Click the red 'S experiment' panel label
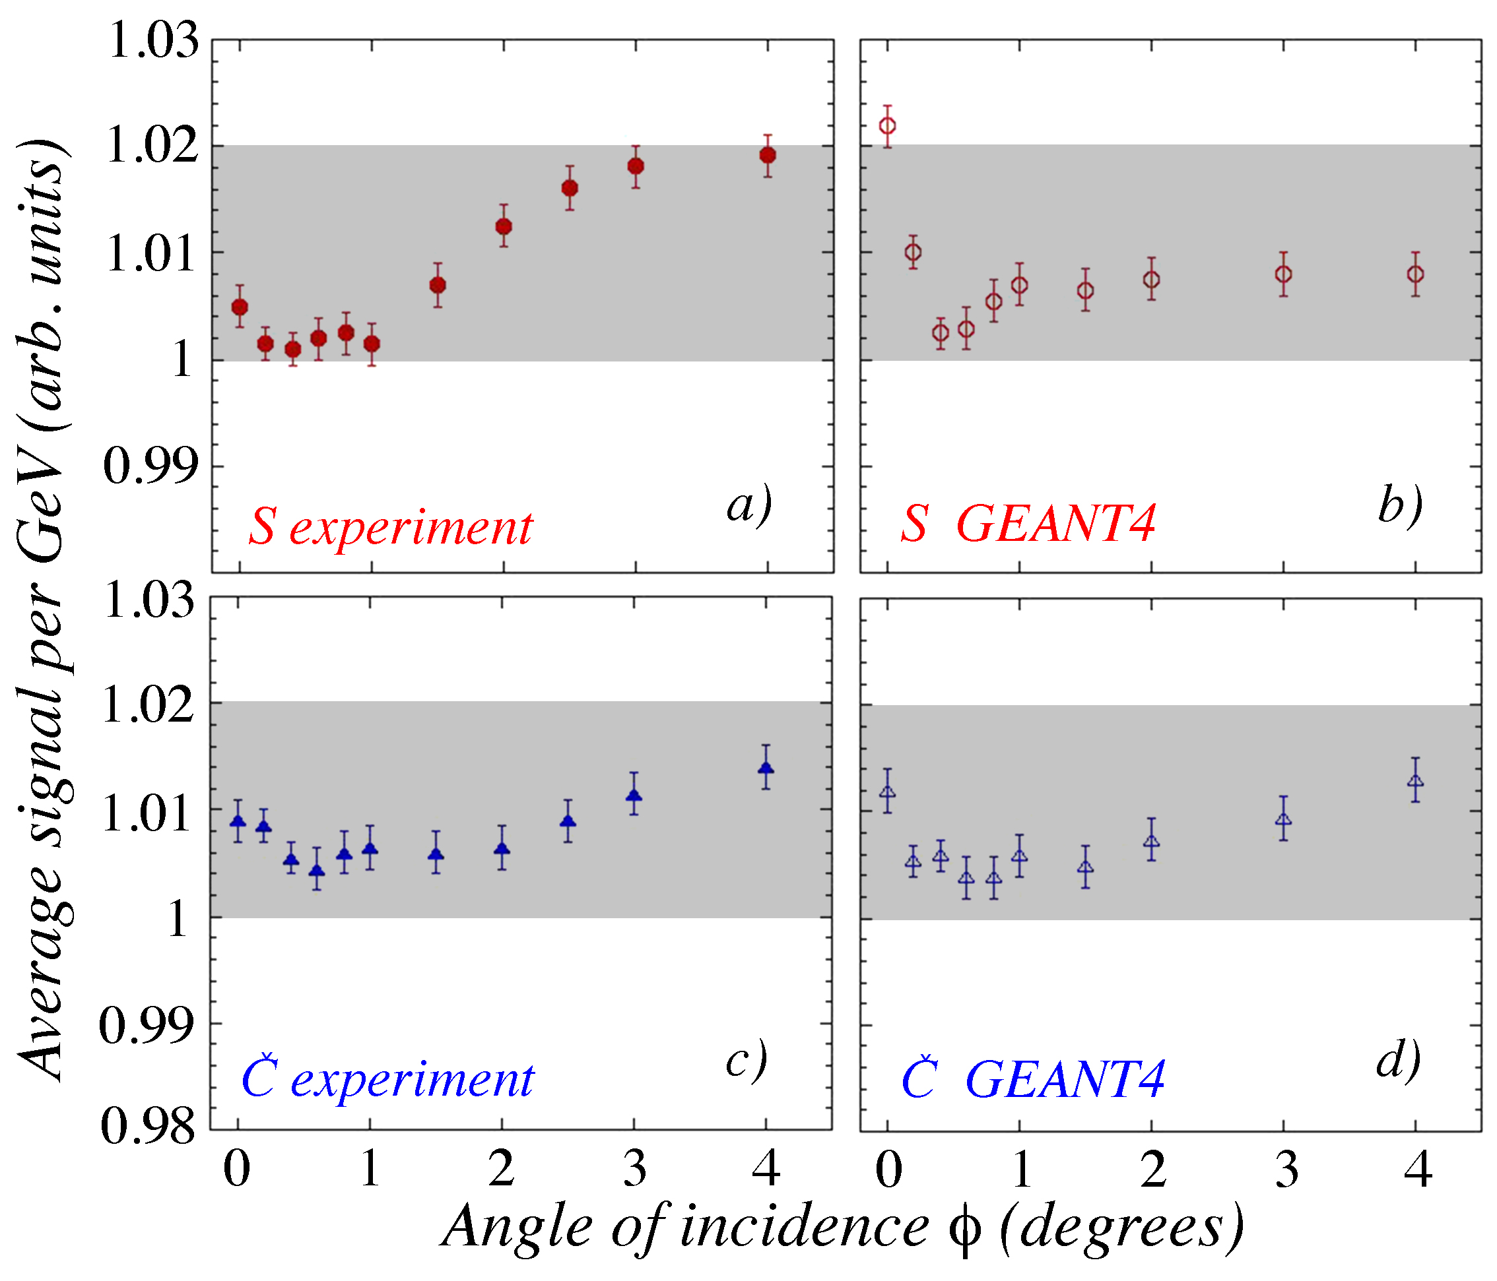coord(391,528)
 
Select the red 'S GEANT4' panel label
coord(1028,524)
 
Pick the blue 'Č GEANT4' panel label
coord(1033,1080)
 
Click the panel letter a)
coord(749,505)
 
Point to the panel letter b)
coord(1400,505)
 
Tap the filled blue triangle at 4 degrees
coord(766,768)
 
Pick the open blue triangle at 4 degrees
coord(1416,781)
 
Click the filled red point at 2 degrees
coord(504,227)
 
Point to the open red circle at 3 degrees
coord(1284,274)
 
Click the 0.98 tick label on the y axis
coord(148,1127)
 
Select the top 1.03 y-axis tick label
coord(153,40)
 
